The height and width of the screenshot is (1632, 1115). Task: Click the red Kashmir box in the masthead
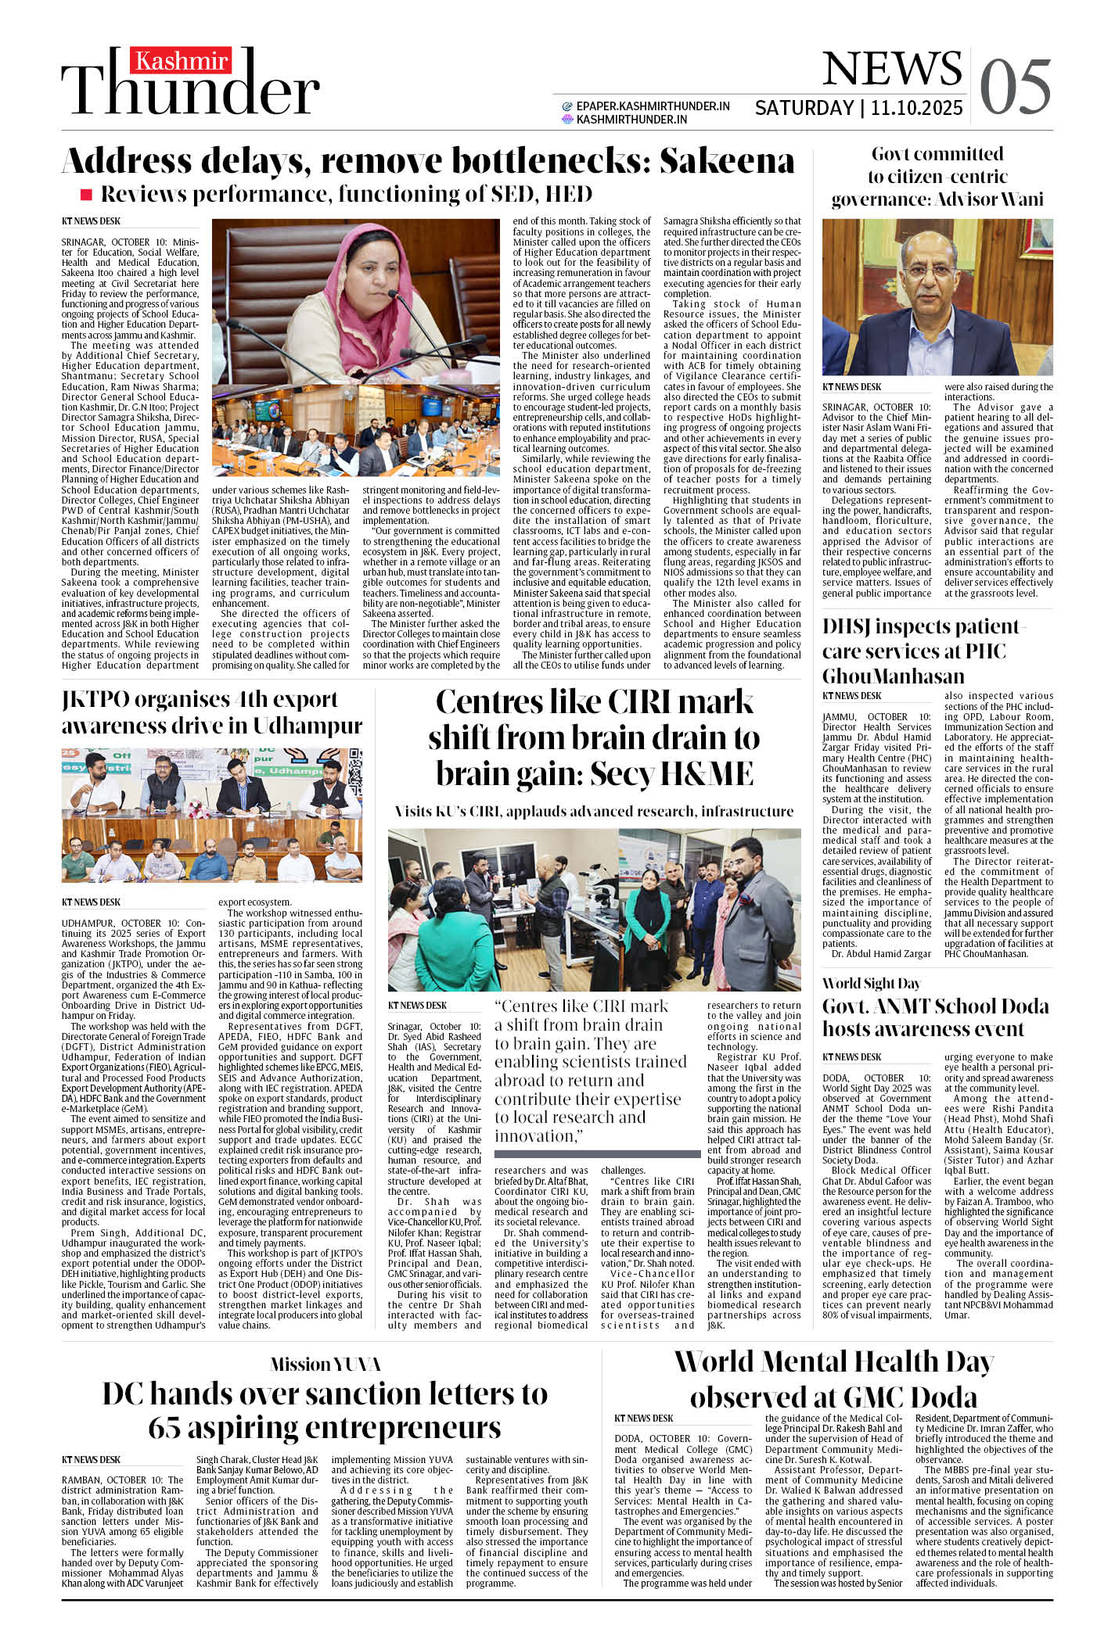[182, 61]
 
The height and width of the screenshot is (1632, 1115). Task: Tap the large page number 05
[1015, 87]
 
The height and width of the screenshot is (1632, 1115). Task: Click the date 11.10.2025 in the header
[916, 108]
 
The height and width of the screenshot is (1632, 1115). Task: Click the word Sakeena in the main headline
[726, 161]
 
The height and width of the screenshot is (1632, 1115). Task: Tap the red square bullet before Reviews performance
[86, 194]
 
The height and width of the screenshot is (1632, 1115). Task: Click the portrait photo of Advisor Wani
[937, 297]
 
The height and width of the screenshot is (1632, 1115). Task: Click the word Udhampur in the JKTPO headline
[308, 726]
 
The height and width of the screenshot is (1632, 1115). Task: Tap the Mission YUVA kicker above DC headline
[325, 1365]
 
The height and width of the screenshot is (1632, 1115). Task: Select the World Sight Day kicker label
[871, 983]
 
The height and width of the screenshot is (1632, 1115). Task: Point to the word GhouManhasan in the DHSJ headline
[893, 676]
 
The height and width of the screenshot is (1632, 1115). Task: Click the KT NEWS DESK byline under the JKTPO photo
[91, 902]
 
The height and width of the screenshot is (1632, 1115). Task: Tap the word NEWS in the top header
[892, 69]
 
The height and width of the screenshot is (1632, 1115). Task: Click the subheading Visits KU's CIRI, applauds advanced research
[594, 811]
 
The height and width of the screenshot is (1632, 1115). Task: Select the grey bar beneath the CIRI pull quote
[597, 1154]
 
